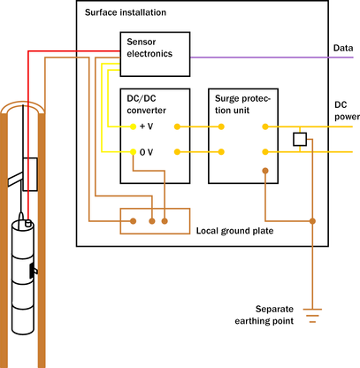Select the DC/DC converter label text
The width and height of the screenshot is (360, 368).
(x=146, y=104)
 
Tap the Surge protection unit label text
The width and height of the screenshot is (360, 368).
(x=242, y=104)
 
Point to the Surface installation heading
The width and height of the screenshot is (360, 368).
(x=126, y=12)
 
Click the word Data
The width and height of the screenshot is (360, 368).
(x=343, y=48)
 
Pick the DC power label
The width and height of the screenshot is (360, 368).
(x=347, y=111)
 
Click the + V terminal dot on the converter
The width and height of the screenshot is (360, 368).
(x=133, y=126)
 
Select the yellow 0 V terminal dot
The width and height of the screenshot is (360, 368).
(x=133, y=152)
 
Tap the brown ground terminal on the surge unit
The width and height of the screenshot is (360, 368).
(x=265, y=171)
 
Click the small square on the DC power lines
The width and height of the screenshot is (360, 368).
(x=300, y=139)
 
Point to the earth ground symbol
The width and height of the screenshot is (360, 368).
(x=312, y=316)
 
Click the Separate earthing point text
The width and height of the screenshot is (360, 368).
(x=264, y=315)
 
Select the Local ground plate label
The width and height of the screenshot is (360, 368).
(x=234, y=231)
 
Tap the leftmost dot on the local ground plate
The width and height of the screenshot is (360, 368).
(x=134, y=221)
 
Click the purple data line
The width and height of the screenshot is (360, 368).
(x=272, y=57)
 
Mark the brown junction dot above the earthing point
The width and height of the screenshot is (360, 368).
(x=312, y=221)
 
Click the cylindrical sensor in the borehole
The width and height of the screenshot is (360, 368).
(x=23, y=277)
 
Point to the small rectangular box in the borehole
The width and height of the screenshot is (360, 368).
(x=30, y=174)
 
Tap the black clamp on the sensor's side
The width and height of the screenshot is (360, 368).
(x=33, y=271)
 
